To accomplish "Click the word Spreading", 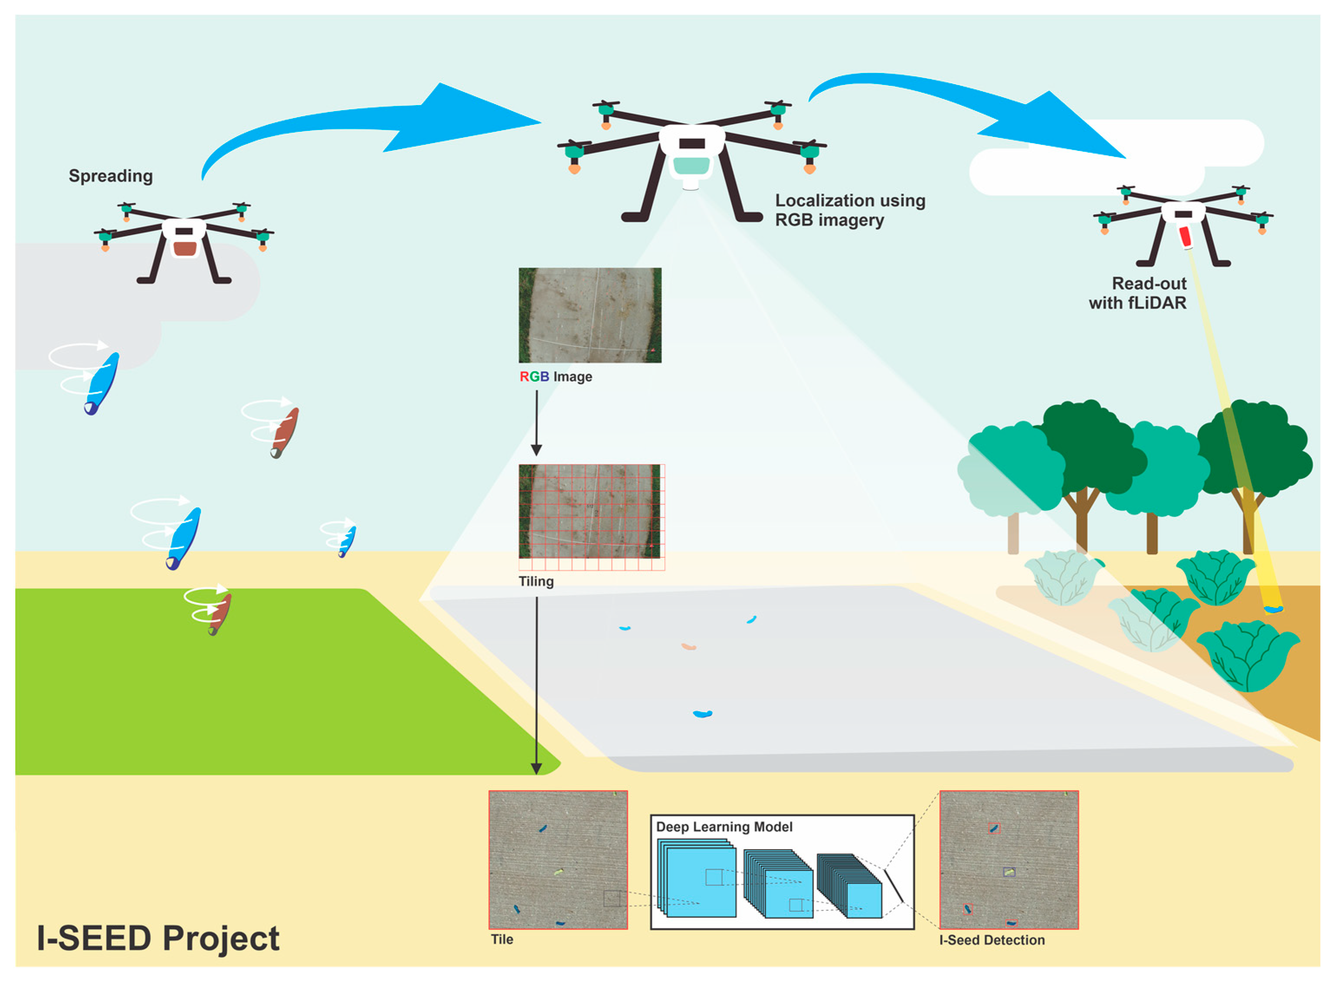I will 111,176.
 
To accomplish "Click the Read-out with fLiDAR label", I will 1137,293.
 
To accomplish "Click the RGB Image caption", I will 555,376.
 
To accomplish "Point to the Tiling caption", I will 536,581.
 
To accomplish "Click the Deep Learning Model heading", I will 724,827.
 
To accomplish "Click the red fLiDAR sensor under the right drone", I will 1185,237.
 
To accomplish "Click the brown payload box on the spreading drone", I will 185,248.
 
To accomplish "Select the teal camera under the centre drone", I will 691,165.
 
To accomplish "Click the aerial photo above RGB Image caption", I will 590,315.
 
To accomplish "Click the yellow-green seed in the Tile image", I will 558,872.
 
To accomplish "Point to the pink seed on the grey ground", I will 688,646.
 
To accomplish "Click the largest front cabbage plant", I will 1248,656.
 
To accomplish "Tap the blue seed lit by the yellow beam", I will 1274,609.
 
